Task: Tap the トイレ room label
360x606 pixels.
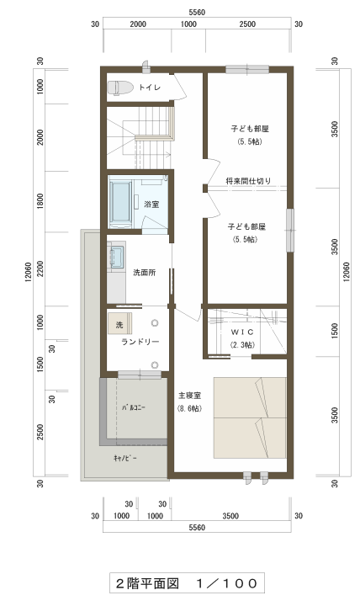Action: pos(150,88)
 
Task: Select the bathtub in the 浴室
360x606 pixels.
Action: pos(121,204)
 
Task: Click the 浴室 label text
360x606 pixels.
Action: pos(151,204)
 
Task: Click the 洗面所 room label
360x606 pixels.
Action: pos(144,273)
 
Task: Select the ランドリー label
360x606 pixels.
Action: pos(140,342)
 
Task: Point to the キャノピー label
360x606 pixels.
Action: pos(125,458)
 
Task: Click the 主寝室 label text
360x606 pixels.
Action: pos(189,396)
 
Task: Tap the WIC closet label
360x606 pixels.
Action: pos(242,332)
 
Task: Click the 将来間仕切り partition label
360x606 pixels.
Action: pos(248,180)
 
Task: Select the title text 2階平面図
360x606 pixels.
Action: pos(147,583)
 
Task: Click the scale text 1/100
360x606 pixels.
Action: pos(226,583)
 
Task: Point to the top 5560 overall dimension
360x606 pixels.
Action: pos(197,13)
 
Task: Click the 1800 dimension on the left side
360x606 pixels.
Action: pos(40,201)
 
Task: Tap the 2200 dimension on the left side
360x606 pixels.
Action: pos(40,269)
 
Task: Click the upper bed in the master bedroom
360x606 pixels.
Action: pos(250,397)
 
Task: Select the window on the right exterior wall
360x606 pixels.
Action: pos(289,231)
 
